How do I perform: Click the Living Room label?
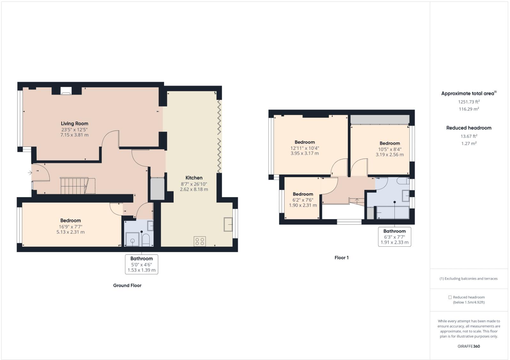click(74, 124)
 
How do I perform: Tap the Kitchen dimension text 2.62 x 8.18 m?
click(194, 189)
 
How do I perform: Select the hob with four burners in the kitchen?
click(200, 241)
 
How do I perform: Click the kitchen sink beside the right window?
click(228, 224)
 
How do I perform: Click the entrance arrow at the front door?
click(30, 173)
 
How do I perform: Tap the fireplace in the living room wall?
click(66, 91)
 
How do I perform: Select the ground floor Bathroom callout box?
click(141, 264)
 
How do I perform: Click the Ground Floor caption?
click(127, 285)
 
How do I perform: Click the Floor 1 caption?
click(341, 258)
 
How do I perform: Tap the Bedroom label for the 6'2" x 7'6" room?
click(303, 194)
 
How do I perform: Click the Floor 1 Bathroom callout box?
click(394, 236)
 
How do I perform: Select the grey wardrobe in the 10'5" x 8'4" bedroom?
click(379, 119)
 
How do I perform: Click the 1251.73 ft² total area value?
click(469, 102)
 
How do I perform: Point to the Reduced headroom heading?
click(469, 128)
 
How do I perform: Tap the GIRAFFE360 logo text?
click(469, 346)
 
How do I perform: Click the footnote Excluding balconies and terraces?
click(469, 279)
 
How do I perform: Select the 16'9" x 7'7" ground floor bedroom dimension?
click(71, 226)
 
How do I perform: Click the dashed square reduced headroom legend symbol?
click(450, 297)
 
